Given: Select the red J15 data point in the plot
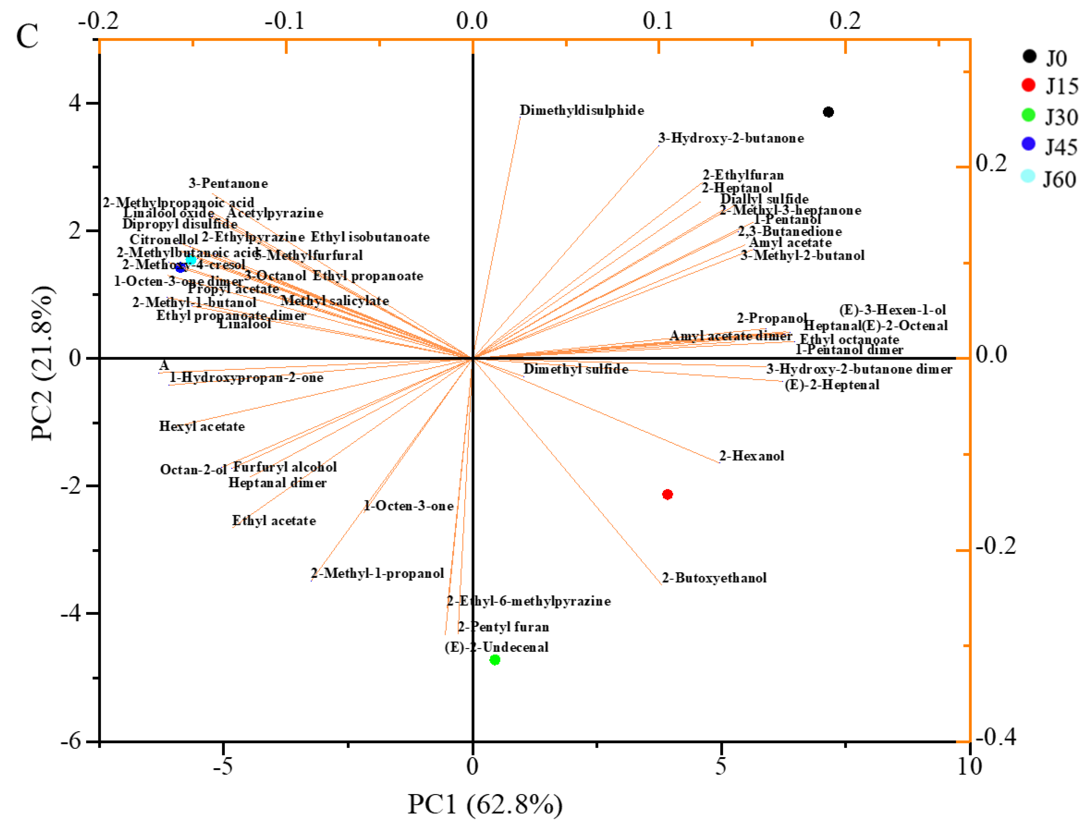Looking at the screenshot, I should [x=667, y=494].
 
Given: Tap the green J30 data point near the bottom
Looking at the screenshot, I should [x=495, y=659].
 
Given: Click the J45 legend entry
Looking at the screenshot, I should [x=1050, y=146].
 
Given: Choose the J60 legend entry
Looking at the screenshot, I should [x=1050, y=179].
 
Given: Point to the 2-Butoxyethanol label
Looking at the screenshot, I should [x=714, y=577].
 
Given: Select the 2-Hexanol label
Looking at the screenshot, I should [x=752, y=456].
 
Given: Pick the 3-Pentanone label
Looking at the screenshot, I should [x=228, y=184].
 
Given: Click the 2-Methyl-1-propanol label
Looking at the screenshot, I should [x=378, y=574].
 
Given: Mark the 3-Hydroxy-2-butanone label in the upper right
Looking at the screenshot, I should [x=731, y=138].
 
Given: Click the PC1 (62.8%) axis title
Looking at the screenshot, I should [x=485, y=804].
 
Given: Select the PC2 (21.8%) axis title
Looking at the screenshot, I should [x=42, y=362].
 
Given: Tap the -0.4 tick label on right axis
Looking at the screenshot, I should [x=996, y=738].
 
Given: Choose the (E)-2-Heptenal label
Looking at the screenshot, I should [x=832, y=385].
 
